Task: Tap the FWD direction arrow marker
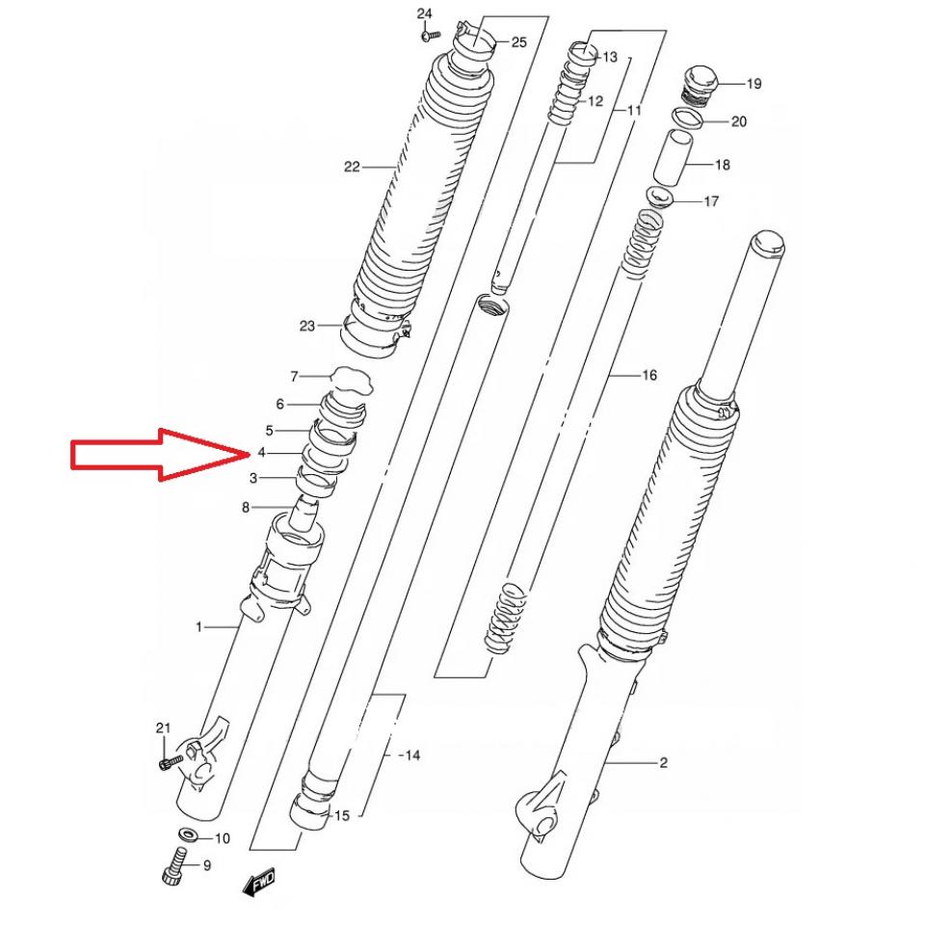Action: [x=259, y=882]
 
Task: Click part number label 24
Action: [x=425, y=13]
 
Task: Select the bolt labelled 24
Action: [x=430, y=35]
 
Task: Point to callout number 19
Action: [x=753, y=84]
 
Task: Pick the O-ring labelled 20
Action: [x=687, y=119]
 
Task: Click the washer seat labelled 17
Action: [x=660, y=200]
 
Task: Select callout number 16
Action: [x=648, y=375]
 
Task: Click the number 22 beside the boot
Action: [x=352, y=167]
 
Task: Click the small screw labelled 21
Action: [x=167, y=762]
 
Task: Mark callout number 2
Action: [x=690, y=764]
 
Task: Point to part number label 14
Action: [x=411, y=755]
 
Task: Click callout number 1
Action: [x=199, y=627]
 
